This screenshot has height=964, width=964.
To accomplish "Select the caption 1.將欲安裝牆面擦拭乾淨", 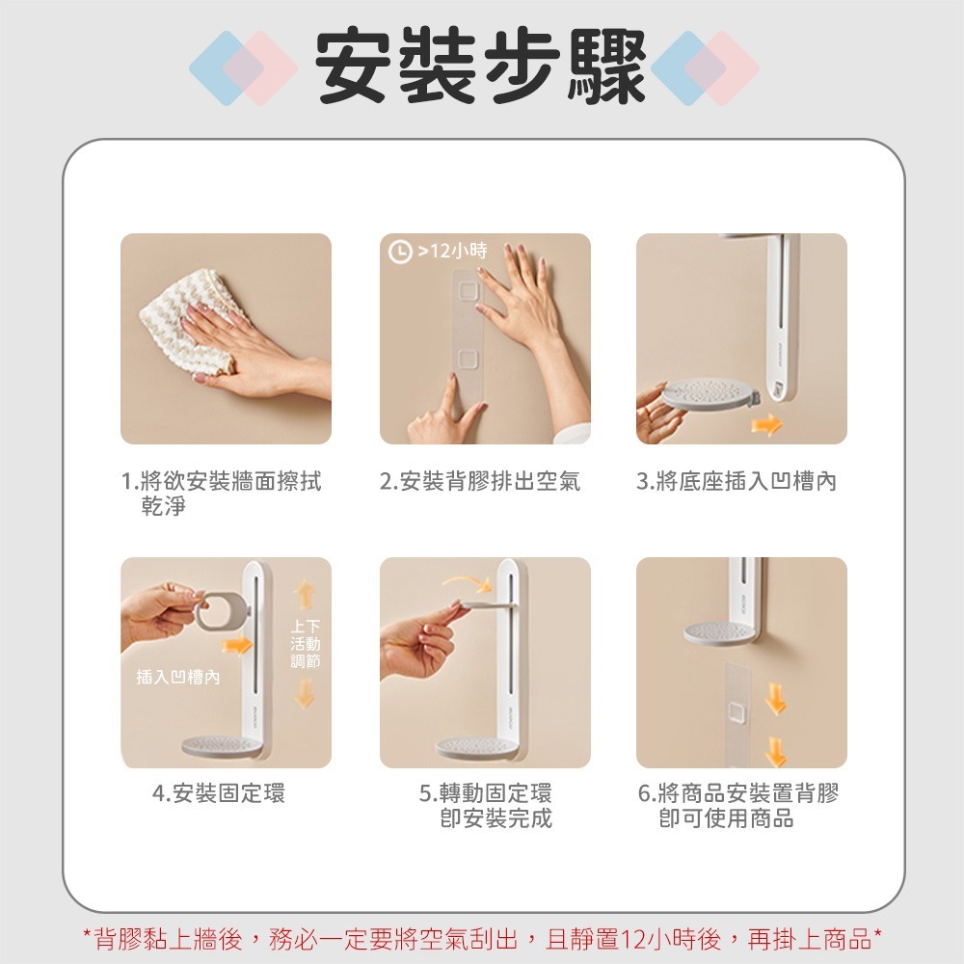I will pos(222,493).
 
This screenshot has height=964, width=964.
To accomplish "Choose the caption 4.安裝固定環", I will pos(220,794).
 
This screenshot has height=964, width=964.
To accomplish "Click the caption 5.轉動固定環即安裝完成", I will pos(486,806).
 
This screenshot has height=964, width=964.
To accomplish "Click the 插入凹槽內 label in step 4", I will pos(178,678).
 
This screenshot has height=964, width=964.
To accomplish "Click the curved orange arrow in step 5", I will pos(467,580).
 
